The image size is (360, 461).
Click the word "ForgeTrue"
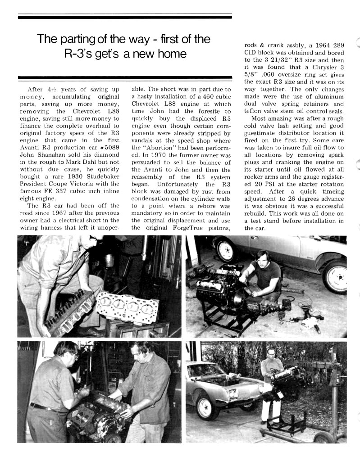(x=183, y=227)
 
